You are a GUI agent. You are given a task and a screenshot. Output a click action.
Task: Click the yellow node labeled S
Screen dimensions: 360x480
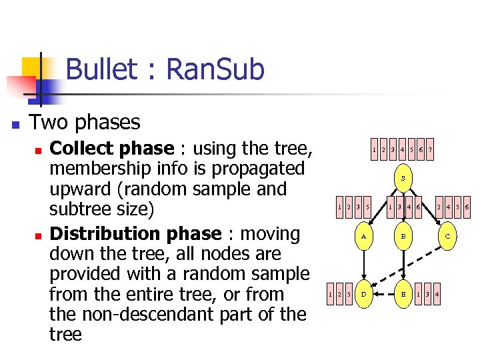[403, 178]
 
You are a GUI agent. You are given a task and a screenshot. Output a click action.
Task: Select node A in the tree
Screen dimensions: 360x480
[363, 235]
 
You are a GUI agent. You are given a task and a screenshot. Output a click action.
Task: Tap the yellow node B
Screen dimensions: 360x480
[403, 235]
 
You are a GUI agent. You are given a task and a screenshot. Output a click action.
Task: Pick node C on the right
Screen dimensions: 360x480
[447, 235]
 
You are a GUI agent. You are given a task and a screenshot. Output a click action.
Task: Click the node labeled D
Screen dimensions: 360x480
[363, 293]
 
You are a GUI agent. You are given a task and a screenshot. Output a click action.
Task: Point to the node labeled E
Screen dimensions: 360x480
[403, 293]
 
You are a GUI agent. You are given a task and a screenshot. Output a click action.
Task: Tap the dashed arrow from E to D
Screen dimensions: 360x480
[383, 293]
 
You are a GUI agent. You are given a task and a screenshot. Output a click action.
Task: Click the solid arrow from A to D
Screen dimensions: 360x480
[363, 264]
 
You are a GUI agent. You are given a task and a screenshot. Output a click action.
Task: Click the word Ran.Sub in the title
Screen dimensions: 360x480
[214, 69]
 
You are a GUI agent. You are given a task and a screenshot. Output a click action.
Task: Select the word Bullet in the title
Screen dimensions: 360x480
[105, 69]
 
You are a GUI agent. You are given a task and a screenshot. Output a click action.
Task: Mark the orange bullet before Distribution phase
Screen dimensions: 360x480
[39, 237]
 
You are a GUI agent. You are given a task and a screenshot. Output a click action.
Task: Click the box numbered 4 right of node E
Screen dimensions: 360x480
[436, 293]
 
